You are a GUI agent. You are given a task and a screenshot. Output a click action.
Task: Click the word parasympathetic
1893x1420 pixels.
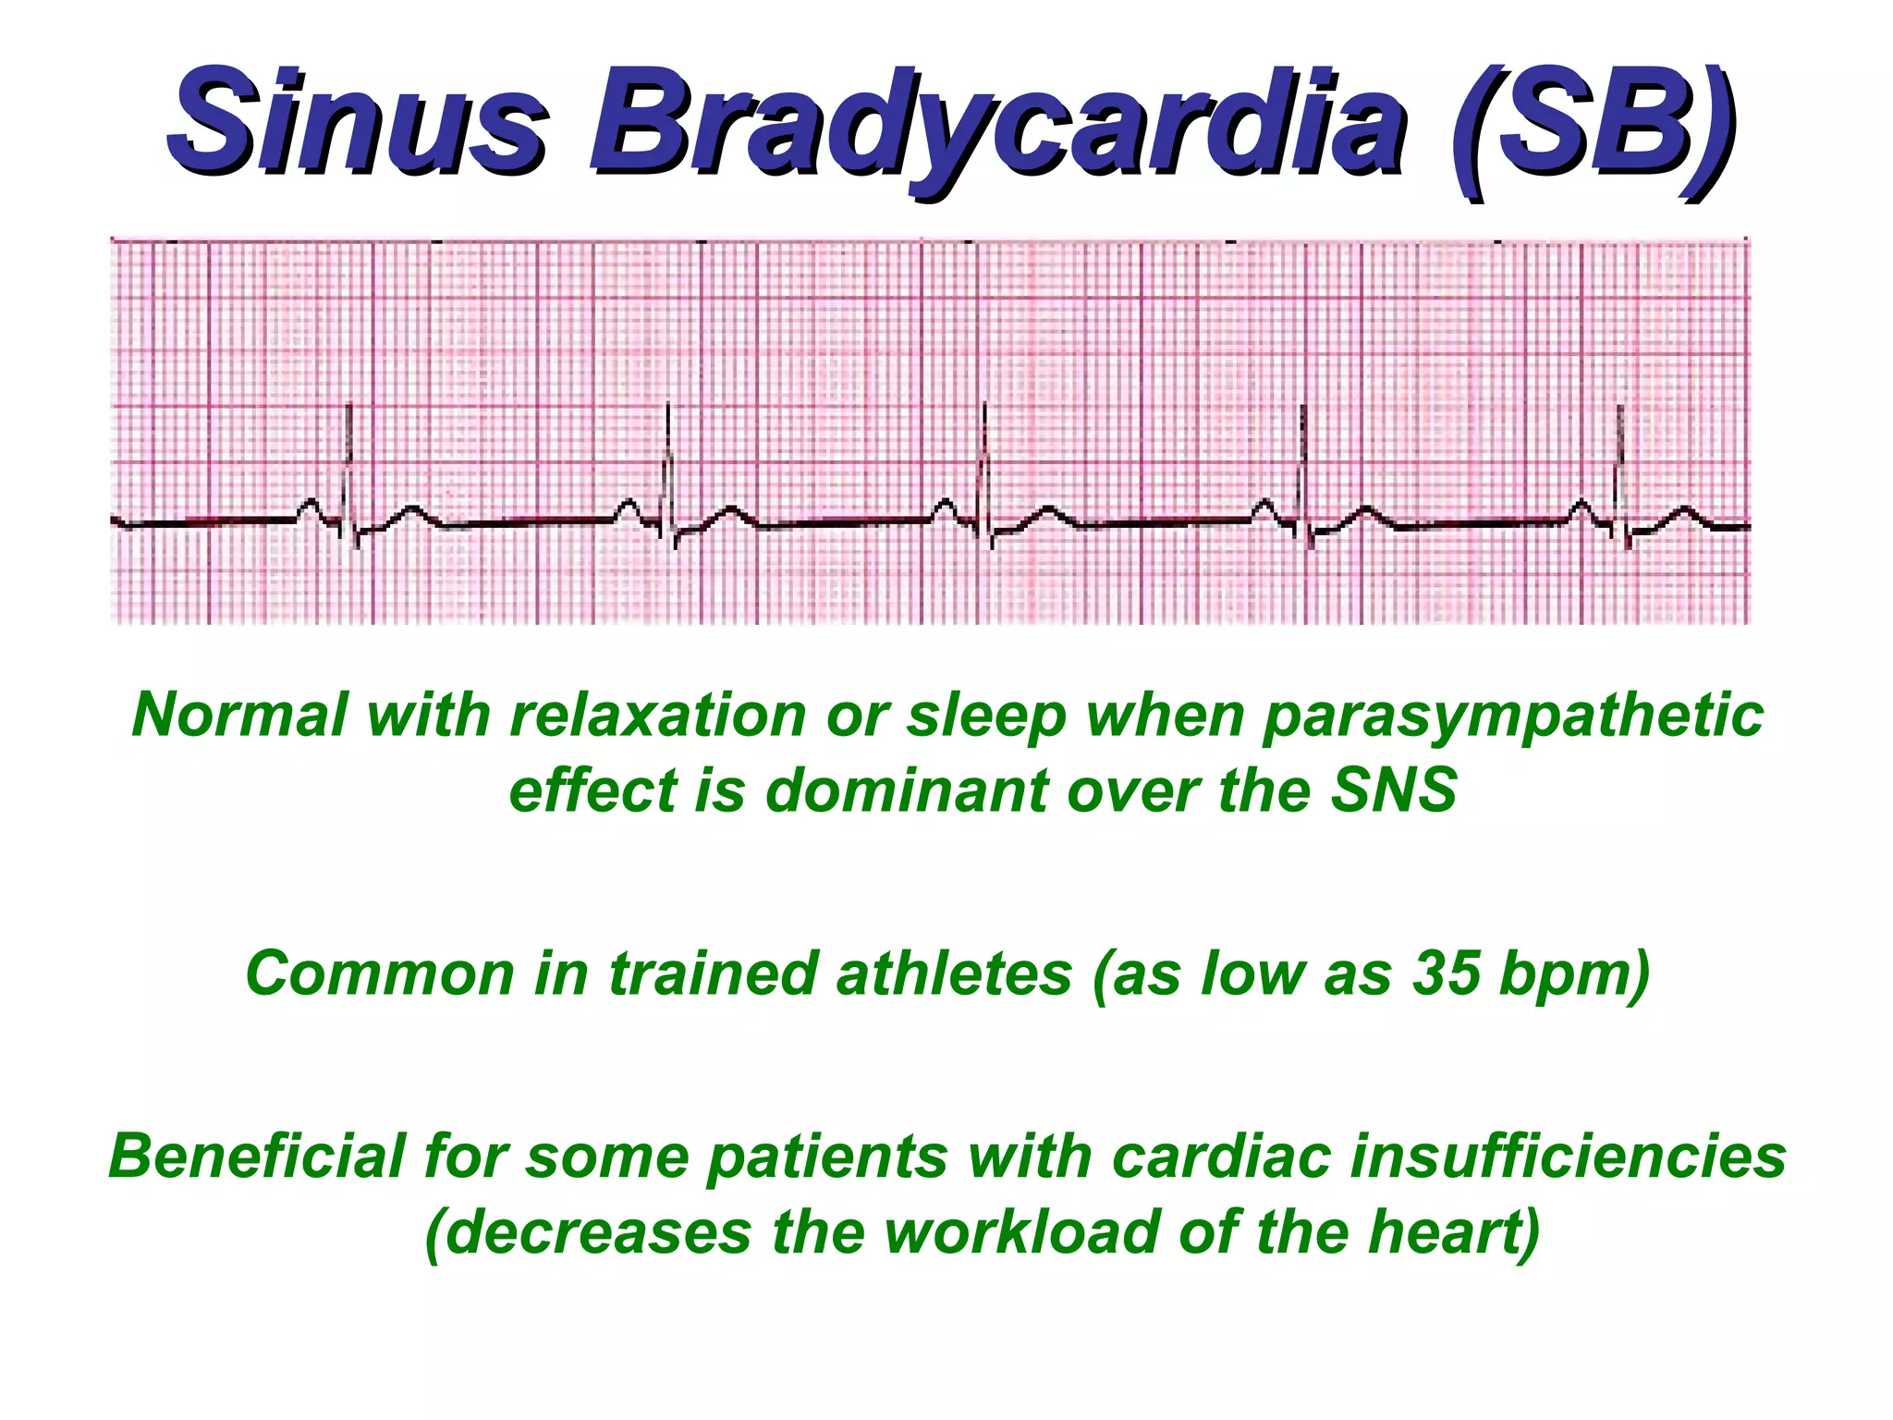pyautogui.click(x=1512, y=716)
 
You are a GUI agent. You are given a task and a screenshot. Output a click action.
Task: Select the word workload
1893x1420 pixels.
pyautogui.click(x=1020, y=1232)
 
